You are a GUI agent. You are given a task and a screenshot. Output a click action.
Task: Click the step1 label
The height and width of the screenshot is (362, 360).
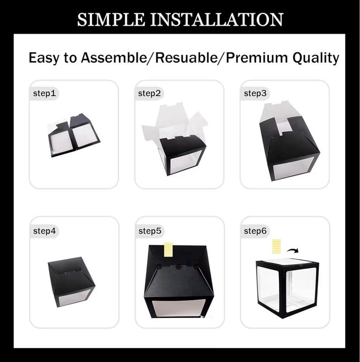coord(44,93)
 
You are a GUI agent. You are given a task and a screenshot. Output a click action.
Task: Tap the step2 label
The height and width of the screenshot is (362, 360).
coord(149,93)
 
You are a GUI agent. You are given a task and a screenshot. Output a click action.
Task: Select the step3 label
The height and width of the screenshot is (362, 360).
coord(255,93)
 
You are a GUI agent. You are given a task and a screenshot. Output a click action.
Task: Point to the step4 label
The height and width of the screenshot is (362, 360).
coord(44,231)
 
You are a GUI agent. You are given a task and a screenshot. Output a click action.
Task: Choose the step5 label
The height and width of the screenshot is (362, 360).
coord(150,231)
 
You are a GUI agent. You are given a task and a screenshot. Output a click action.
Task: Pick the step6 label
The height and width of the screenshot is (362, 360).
coord(255,231)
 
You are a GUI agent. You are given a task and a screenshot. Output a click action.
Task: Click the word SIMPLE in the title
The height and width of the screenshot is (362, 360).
coord(111,19)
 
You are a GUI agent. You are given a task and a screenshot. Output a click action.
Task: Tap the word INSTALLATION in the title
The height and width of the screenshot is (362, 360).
coord(217,19)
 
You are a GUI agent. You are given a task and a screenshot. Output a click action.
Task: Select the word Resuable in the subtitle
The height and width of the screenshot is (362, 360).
coord(186,58)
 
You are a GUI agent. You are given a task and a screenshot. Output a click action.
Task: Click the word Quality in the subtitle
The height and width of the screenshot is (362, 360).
coord(316,58)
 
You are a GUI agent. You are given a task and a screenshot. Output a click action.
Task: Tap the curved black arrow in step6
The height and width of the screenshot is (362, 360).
coord(293,251)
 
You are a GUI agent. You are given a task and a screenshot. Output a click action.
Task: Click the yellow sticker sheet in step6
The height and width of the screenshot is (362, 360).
coord(277,246)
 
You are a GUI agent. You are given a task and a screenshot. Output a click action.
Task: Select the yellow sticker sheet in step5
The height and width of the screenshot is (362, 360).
coord(169,250)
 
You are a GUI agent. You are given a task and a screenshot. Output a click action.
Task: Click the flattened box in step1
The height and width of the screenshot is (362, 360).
coord(74,135)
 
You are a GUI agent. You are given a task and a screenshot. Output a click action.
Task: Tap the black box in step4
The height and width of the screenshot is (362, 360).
coord(71,282)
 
